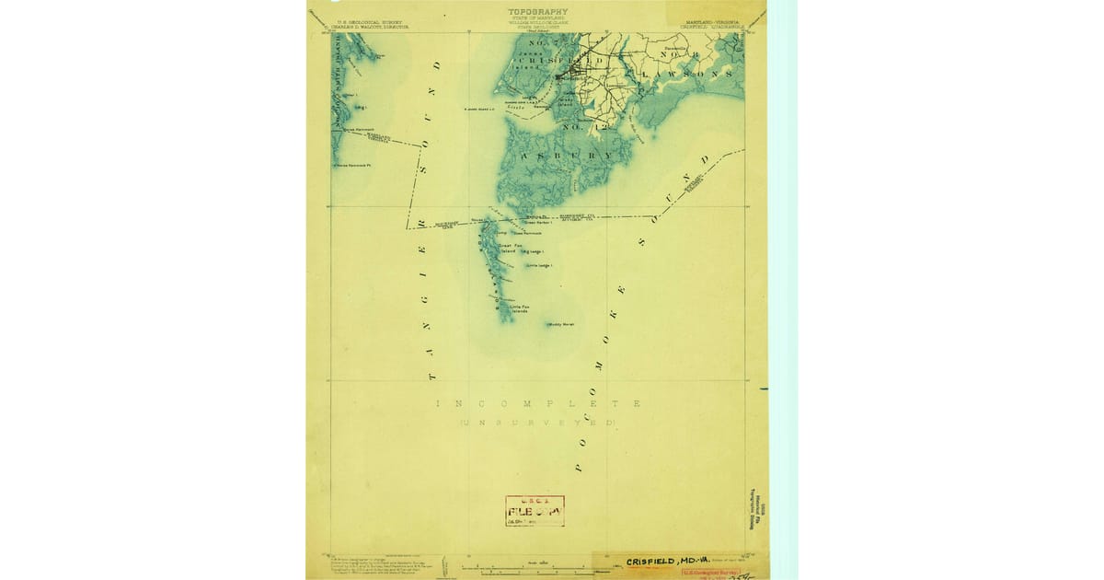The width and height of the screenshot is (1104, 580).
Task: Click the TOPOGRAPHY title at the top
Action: [537, 12]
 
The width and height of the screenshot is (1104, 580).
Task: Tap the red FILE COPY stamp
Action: [535, 511]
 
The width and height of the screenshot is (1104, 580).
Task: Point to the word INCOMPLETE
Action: [537, 404]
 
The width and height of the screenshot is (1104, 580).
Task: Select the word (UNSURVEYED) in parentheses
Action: [537, 422]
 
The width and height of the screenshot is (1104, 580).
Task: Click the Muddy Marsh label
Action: [560, 324]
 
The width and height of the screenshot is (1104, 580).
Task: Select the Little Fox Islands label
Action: [520, 309]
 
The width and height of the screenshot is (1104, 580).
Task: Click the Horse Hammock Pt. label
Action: [353, 166]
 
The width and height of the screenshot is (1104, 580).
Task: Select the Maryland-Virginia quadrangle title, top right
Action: [717, 24]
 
